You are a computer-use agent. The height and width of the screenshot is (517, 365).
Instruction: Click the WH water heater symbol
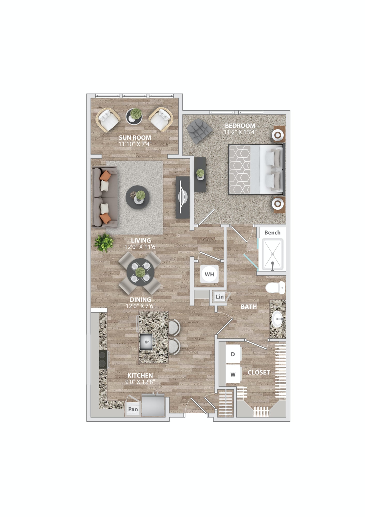[209, 274]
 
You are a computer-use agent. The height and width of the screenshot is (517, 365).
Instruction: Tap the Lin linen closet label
[220, 296]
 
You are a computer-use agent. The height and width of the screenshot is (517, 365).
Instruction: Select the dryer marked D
[233, 354]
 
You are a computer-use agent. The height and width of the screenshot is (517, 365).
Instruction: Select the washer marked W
[233, 374]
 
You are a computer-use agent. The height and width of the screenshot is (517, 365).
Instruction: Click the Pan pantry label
[133, 409]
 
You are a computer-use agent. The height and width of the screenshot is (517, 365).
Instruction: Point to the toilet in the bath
[275, 288]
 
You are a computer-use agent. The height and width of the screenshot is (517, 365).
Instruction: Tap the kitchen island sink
[146, 342]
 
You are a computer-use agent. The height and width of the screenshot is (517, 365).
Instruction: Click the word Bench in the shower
[272, 233]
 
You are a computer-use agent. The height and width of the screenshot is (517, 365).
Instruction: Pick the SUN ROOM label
[135, 138]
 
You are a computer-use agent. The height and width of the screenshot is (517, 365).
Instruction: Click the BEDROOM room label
[240, 126]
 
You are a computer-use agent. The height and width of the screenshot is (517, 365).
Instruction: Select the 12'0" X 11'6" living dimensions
[141, 247]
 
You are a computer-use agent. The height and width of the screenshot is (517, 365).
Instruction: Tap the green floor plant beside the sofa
[104, 242]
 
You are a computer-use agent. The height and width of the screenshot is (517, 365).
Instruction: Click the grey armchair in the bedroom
[199, 131]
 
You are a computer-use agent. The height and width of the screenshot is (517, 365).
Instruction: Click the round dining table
[140, 272]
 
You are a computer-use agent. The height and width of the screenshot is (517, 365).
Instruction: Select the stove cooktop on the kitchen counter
[103, 359]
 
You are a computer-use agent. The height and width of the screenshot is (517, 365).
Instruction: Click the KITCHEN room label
[140, 375]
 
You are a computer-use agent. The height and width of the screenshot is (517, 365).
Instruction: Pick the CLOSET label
[259, 372]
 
